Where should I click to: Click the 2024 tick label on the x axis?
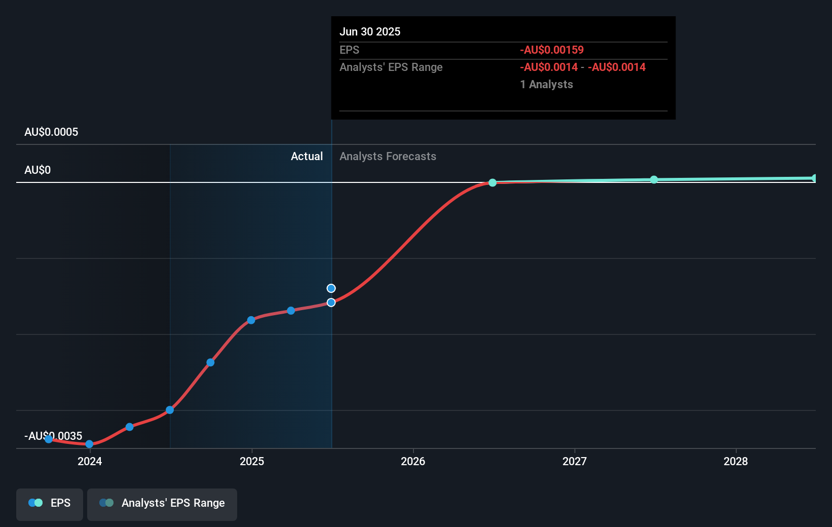(90, 461)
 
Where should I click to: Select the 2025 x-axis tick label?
(252, 461)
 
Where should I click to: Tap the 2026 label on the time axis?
(413, 461)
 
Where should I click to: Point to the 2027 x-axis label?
(575, 461)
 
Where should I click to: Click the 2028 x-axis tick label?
(736, 461)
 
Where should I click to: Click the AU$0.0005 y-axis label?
(51, 132)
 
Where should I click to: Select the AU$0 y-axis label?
(37, 170)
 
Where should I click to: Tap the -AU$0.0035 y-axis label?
(53, 436)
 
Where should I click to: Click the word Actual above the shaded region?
(307, 157)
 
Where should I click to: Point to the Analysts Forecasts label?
(388, 157)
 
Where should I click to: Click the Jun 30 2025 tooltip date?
(370, 32)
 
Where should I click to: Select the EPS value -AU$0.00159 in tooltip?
(552, 50)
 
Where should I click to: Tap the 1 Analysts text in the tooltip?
(546, 85)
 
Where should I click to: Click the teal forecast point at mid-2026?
(493, 182)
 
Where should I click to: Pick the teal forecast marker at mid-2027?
(654, 179)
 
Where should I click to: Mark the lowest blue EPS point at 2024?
(89, 444)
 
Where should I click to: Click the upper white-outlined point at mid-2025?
(331, 288)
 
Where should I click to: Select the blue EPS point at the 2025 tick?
(251, 320)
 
